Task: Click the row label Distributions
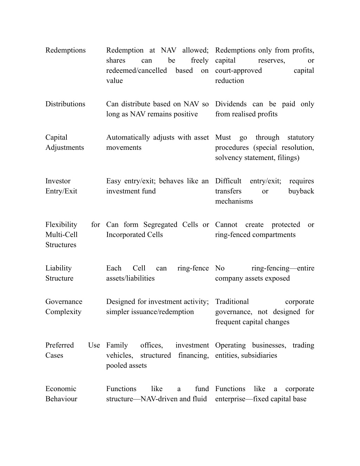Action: click(65, 104)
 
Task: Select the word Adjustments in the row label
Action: click(64, 148)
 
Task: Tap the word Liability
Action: click(58, 268)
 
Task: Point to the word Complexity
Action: click(63, 312)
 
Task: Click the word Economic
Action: click(61, 389)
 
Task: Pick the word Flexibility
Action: click(61, 225)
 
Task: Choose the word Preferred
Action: click(59, 345)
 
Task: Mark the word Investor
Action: click(58, 181)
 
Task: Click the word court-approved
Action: click(238, 71)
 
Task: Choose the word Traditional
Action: click(232, 302)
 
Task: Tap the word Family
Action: click(117, 345)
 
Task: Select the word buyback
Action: click(301, 191)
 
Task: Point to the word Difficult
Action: click(228, 181)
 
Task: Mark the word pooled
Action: click(116, 366)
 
